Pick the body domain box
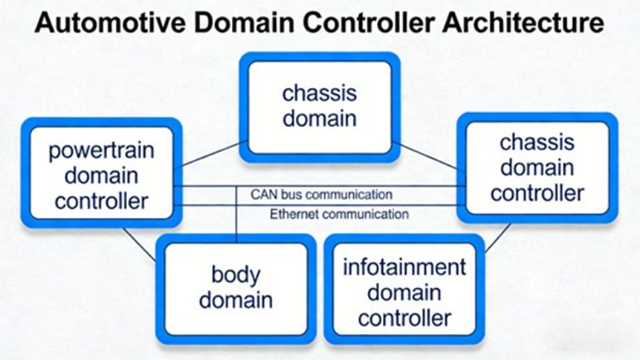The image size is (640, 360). (x=235, y=288)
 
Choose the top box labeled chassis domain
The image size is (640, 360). (x=319, y=106)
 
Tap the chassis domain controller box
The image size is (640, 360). (x=537, y=167)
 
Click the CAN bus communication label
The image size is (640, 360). (x=320, y=195)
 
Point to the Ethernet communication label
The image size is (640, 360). (x=339, y=214)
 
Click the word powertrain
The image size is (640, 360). (x=101, y=152)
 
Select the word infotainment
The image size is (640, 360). (x=404, y=267)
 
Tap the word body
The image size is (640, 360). (x=235, y=275)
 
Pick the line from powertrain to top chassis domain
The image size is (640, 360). (x=211, y=154)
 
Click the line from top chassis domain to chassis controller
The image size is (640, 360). (x=426, y=157)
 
